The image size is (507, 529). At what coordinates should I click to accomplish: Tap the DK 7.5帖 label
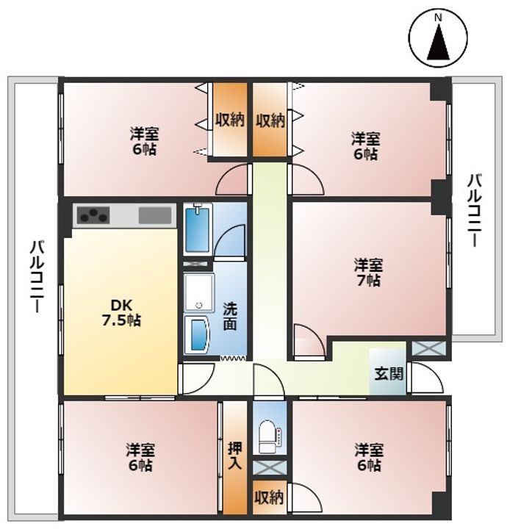121,313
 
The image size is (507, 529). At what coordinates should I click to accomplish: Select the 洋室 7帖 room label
368,273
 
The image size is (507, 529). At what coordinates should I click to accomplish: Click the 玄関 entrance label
389,373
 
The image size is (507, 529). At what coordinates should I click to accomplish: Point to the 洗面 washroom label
230,316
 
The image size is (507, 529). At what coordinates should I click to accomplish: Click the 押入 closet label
235,456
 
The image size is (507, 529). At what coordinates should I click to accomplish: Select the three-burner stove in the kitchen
93,215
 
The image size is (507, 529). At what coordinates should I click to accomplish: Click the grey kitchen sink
155,215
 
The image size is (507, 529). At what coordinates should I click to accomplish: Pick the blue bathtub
198,229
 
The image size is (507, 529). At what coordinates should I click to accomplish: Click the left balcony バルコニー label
36,276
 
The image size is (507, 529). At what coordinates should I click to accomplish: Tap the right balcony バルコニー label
474,210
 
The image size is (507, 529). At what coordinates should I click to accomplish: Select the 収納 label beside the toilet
269,497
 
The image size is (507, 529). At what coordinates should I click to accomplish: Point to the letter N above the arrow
438,18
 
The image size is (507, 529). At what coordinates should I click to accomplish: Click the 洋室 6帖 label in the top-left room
144,140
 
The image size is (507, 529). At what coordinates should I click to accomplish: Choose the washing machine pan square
199,292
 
